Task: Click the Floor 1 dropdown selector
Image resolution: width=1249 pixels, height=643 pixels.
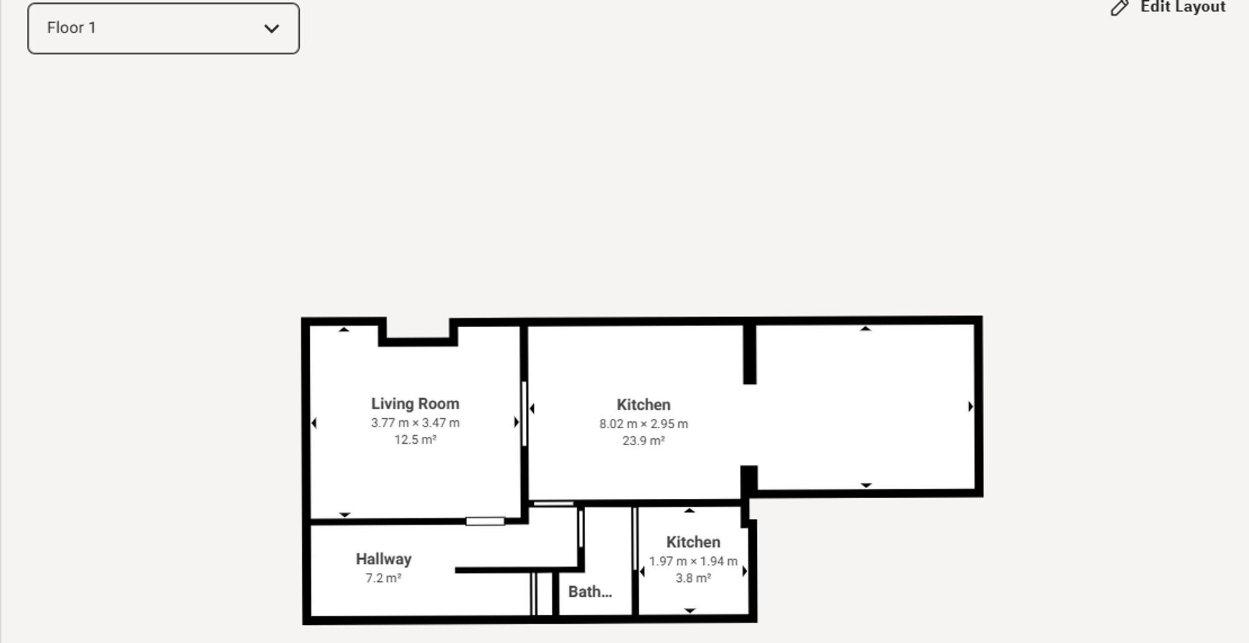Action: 163,29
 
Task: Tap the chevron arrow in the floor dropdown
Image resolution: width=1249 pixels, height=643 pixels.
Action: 271,29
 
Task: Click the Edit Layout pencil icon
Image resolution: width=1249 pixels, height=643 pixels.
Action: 1119,8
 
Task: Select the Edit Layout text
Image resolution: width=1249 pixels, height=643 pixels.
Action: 1182,7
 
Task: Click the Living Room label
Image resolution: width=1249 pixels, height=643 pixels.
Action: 415,404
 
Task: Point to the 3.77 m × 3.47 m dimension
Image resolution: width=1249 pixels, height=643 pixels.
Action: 415,423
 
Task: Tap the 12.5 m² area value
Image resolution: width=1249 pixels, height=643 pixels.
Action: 415,439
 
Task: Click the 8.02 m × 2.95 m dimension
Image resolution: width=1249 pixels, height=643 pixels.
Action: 643,424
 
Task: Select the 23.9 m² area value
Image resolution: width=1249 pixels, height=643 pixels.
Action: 643,441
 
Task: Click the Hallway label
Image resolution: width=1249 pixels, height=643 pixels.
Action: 383,559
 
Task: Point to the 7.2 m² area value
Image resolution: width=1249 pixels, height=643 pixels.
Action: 383,578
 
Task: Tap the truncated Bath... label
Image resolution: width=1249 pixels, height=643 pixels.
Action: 590,591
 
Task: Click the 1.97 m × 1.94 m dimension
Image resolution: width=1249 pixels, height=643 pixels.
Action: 693,561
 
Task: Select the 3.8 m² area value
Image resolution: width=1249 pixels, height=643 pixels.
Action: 693,578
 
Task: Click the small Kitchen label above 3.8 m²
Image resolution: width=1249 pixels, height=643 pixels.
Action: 693,542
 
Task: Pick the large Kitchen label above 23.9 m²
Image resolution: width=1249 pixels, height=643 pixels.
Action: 643,405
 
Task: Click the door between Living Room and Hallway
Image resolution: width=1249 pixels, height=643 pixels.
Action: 485,521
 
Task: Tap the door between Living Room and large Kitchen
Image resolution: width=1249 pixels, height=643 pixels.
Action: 524,413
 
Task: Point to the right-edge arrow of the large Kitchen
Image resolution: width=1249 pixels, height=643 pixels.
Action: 970,406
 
